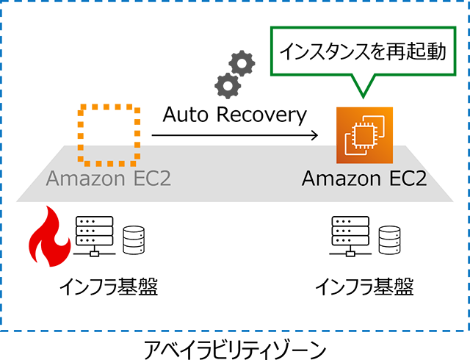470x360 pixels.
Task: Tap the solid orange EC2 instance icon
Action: coord(364,135)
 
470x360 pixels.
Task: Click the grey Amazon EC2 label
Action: coord(109,179)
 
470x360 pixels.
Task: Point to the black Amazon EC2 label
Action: coord(364,179)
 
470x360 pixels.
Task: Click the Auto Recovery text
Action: coord(234,115)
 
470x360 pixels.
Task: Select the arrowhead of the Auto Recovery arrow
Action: coord(314,136)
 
